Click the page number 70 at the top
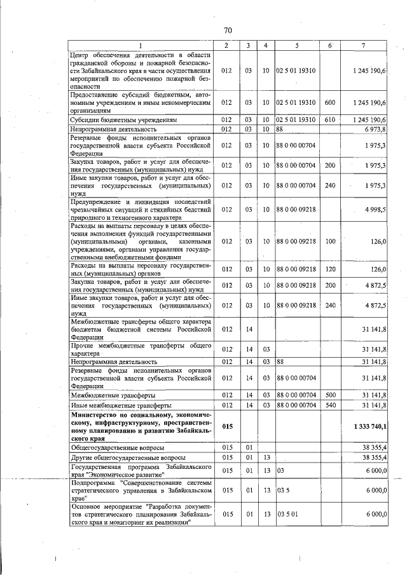[228, 30]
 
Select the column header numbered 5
[296, 45]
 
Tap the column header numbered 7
[362, 45]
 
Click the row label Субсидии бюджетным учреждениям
[123, 119]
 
